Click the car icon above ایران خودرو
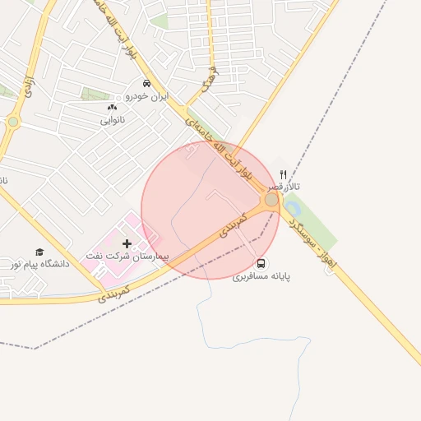[x=146, y=84]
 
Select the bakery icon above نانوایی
[x=112, y=108]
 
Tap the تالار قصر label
[x=288, y=187]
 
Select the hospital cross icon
[x=127, y=243]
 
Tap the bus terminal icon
[x=261, y=263]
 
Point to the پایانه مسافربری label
[x=261, y=277]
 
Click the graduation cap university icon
[x=39, y=252]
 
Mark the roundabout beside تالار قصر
[x=271, y=200]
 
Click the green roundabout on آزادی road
[x=13, y=123]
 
